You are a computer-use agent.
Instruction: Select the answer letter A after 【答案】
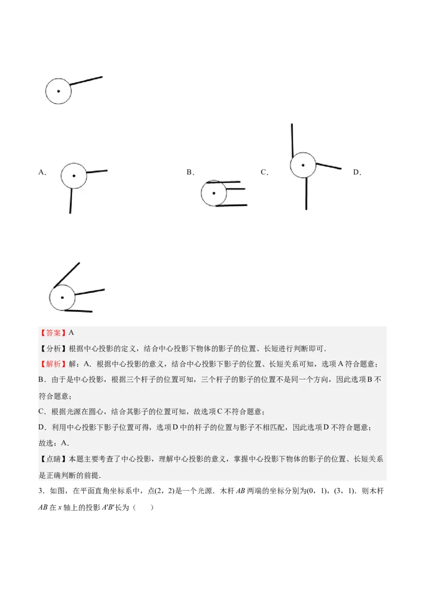71,333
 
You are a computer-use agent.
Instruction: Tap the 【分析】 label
50,349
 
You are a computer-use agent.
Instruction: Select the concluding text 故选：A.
54,443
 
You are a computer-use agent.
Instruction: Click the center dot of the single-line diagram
58,91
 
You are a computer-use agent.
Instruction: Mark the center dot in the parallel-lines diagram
214,193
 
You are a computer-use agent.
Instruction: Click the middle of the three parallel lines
234,188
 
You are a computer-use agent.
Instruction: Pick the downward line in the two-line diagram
71,202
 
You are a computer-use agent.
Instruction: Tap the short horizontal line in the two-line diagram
97,171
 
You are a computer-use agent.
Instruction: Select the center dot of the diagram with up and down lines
303,165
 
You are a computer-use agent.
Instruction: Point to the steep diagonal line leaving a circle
67,275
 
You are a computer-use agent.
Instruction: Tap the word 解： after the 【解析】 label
75,364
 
